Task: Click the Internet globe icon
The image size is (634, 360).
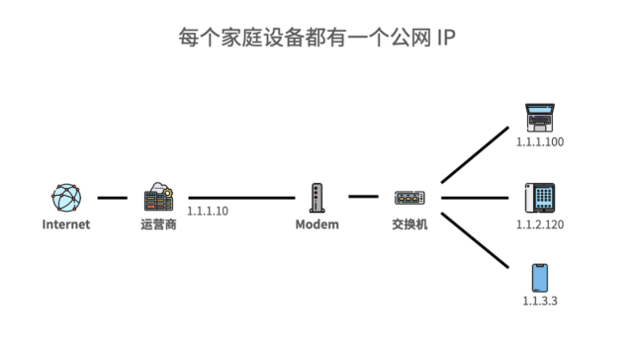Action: pos(65,198)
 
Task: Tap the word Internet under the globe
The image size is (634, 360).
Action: pos(65,225)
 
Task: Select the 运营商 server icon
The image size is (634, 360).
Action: pos(158,198)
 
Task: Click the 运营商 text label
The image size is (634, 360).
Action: pos(158,225)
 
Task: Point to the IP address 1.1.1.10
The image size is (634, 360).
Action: pos(207,211)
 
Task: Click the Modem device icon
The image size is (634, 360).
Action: pos(317,198)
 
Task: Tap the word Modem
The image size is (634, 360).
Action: pos(317,225)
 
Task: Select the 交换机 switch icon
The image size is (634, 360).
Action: pos(408,199)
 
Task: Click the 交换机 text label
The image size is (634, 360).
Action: pos(408,225)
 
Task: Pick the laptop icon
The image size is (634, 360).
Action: pos(540,118)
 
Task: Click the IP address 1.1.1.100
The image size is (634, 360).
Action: pos(540,142)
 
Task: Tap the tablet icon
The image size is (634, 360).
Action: pos(540,198)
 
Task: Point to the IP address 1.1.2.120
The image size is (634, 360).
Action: pos(540,225)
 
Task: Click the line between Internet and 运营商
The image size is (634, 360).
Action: pos(112,198)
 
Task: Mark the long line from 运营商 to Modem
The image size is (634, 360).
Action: pos(241,198)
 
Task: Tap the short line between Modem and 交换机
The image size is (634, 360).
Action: pos(363,197)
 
